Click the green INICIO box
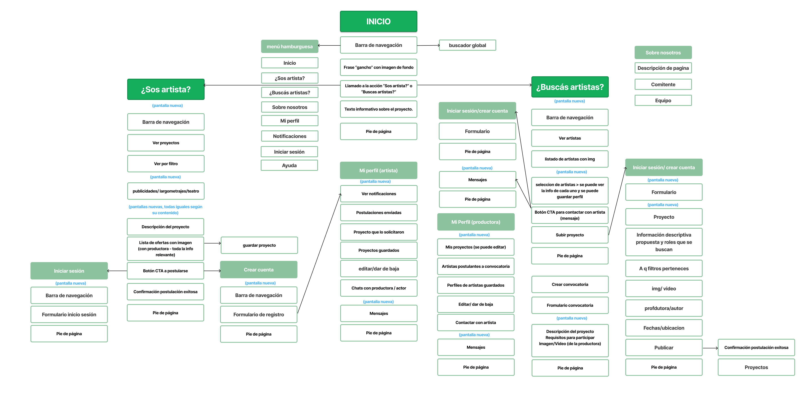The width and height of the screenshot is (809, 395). [378, 21]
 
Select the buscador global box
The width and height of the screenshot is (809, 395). [467, 45]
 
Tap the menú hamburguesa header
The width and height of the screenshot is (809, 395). [290, 46]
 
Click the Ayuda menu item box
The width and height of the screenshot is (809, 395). [289, 165]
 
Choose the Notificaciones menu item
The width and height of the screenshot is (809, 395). [290, 136]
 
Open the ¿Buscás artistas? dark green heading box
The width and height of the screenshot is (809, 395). [570, 87]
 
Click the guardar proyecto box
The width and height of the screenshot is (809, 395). [259, 245]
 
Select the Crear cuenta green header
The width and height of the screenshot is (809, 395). [258, 270]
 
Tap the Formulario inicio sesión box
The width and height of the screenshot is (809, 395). [69, 314]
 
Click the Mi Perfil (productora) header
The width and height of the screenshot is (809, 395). [476, 222]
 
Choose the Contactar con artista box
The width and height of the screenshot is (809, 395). [476, 323]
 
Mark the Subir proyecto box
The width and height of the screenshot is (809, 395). [570, 235]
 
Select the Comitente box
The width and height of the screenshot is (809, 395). [663, 84]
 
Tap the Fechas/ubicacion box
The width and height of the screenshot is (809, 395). [663, 328]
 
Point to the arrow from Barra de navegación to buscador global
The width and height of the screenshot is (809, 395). [428, 45]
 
